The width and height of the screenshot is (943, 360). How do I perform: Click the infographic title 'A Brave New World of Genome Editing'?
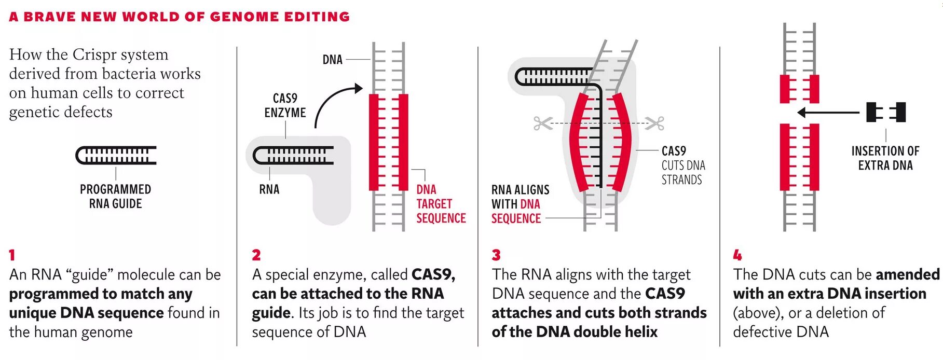(x=179, y=17)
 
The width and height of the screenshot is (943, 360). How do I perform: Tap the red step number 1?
(x=12, y=255)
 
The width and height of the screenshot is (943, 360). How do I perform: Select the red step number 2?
(x=256, y=255)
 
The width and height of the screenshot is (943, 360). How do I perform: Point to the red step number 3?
(x=496, y=255)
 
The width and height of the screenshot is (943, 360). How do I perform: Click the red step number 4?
(x=737, y=255)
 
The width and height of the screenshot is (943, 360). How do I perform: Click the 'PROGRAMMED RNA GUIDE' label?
(x=115, y=197)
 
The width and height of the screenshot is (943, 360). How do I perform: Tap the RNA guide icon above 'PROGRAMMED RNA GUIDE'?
(x=116, y=155)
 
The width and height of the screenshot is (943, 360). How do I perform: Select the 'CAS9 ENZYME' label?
(x=285, y=105)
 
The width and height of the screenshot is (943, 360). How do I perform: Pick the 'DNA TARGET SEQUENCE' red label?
(x=440, y=204)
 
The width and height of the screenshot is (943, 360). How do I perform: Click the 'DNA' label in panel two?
(x=332, y=60)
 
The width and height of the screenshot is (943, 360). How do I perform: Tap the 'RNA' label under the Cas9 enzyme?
(x=269, y=189)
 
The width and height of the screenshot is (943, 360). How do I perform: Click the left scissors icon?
(x=542, y=123)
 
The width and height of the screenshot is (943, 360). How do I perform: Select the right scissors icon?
(x=656, y=123)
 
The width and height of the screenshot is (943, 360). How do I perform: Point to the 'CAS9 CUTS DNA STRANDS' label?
(x=682, y=165)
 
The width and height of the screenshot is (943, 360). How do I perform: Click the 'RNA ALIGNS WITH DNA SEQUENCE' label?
(x=520, y=204)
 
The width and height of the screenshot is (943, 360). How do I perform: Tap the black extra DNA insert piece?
(x=886, y=112)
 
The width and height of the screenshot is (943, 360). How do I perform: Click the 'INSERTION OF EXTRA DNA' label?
(x=885, y=158)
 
